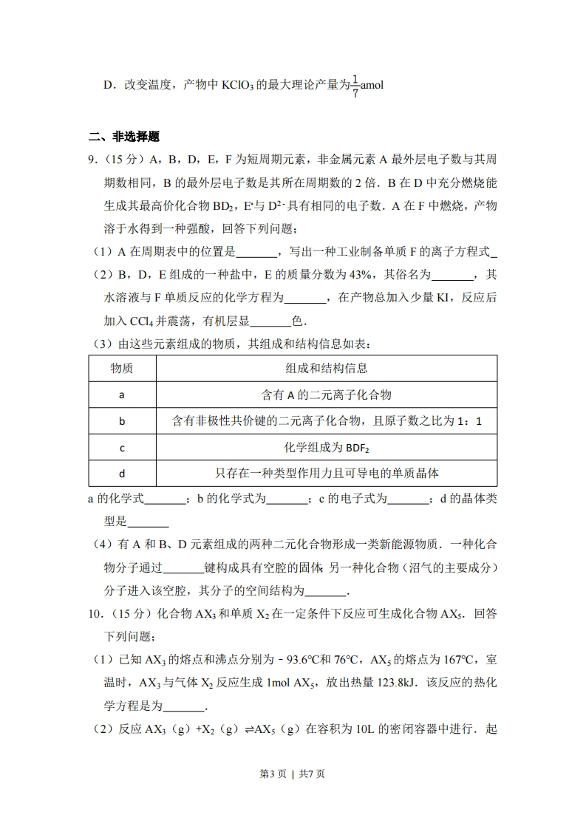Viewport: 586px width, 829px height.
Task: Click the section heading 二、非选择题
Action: click(x=124, y=137)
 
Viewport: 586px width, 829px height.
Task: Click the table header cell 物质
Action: click(x=122, y=368)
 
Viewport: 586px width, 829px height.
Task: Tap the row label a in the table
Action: click(x=122, y=395)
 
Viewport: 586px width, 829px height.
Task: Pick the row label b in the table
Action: click(x=122, y=421)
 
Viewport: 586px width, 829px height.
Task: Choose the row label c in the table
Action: click(x=122, y=448)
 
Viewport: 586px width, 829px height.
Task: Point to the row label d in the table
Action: click(x=122, y=474)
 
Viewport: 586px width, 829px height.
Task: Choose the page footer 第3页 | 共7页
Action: click(x=293, y=774)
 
